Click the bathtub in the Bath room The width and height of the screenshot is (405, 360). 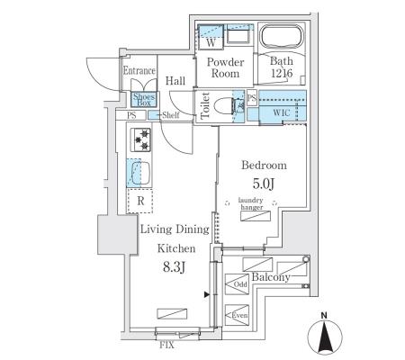point(281,37)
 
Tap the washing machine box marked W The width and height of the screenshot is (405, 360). point(211,37)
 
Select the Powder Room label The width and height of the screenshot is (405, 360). point(225,67)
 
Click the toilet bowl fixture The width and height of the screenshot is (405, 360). point(226,105)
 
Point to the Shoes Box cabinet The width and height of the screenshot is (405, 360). point(144,99)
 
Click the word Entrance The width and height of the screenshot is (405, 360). point(139,71)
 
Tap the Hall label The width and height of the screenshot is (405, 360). point(175,81)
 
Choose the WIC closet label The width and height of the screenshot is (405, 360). point(282,112)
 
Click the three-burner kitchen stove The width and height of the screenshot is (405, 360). point(141,139)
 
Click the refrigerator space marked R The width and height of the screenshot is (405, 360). point(139,201)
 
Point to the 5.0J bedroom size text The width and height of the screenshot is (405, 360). point(264,184)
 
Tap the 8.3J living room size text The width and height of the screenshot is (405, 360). point(174,266)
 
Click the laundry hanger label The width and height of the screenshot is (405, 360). point(251,203)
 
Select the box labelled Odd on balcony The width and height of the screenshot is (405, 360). point(237,284)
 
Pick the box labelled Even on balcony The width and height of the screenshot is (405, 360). point(237,315)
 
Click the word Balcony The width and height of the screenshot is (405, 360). point(271,277)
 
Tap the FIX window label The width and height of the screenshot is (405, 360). point(166,345)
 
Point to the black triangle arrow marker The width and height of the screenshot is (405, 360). point(206,294)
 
